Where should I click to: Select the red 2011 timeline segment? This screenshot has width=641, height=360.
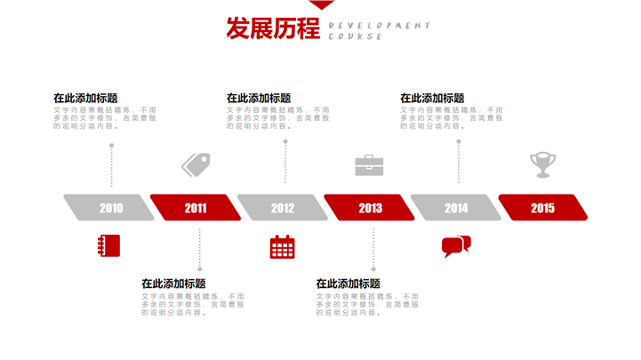pyautogui.click(x=196, y=208)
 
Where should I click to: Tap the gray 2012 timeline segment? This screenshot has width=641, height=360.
pyautogui.click(x=283, y=208)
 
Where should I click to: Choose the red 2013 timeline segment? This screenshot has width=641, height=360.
pyautogui.click(x=370, y=208)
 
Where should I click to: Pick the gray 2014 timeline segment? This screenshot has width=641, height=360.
pyautogui.click(x=456, y=208)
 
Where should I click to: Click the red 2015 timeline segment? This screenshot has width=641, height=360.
pyautogui.click(x=542, y=208)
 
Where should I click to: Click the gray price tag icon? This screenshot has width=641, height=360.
pyautogui.click(x=196, y=164)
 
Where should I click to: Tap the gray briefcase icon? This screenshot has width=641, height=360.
pyautogui.click(x=369, y=165)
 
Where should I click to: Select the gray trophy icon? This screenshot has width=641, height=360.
pyautogui.click(x=542, y=164)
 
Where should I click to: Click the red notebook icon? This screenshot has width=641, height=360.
pyautogui.click(x=108, y=245)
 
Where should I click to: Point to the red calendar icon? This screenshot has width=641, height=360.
pyautogui.click(x=283, y=246)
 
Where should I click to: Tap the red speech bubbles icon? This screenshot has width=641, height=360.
pyautogui.click(x=456, y=246)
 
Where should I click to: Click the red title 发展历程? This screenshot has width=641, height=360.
pyautogui.click(x=273, y=29)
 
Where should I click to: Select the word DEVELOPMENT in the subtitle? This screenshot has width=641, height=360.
pyautogui.click(x=380, y=26)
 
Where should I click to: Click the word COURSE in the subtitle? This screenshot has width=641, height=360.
pyautogui.click(x=356, y=37)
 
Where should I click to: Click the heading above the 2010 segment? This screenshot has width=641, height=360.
pyautogui.click(x=85, y=98)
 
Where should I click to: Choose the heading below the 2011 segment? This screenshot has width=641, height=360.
pyautogui.click(x=173, y=283)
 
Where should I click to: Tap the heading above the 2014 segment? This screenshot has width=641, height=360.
pyautogui.click(x=432, y=98)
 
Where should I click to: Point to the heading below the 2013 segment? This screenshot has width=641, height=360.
pyautogui.click(x=349, y=283)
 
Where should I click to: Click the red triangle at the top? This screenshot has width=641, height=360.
pyautogui.click(x=321, y=5)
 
